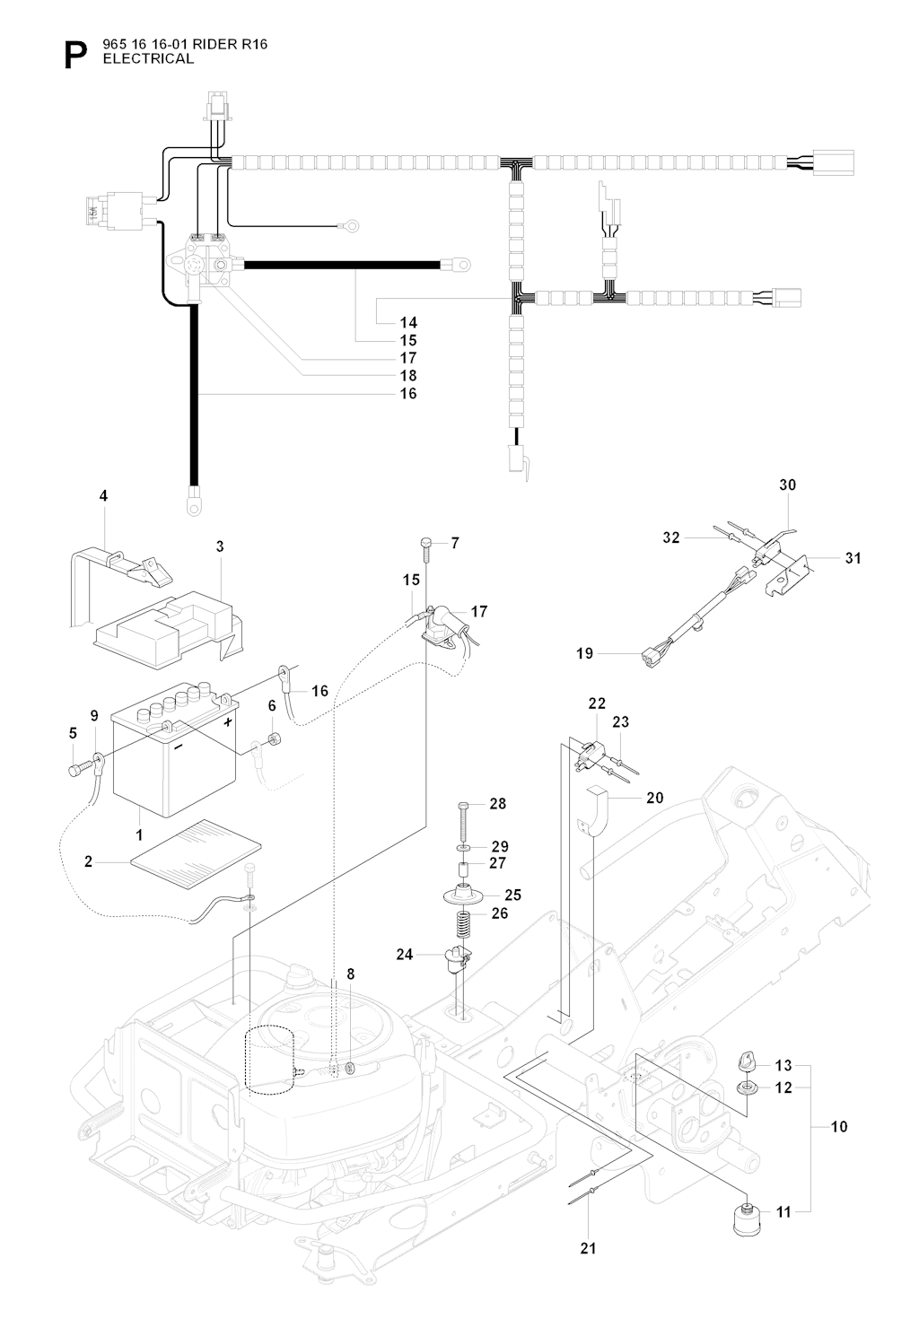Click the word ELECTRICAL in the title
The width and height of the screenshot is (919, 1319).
coord(148,59)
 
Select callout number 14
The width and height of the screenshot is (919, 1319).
coord(408,322)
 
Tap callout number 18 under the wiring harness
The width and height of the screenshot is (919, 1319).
coord(408,376)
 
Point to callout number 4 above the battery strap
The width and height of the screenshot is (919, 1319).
coord(103,495)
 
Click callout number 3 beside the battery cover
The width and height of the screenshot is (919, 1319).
coord(219,546)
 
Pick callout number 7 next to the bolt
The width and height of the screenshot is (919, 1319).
coord(455,543)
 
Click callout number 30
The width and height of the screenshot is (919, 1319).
coord(787,485)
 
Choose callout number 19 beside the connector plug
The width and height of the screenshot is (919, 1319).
coord(584,653)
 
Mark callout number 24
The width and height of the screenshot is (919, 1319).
coord(405,955)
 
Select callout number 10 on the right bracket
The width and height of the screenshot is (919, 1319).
coord(839,1126)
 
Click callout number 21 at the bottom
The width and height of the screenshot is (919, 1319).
coord(588,1248)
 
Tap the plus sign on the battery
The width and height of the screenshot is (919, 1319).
coord(229,721)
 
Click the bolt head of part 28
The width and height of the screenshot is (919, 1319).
coord(463,804)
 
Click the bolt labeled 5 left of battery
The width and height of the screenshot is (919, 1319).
coord(76,770)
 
